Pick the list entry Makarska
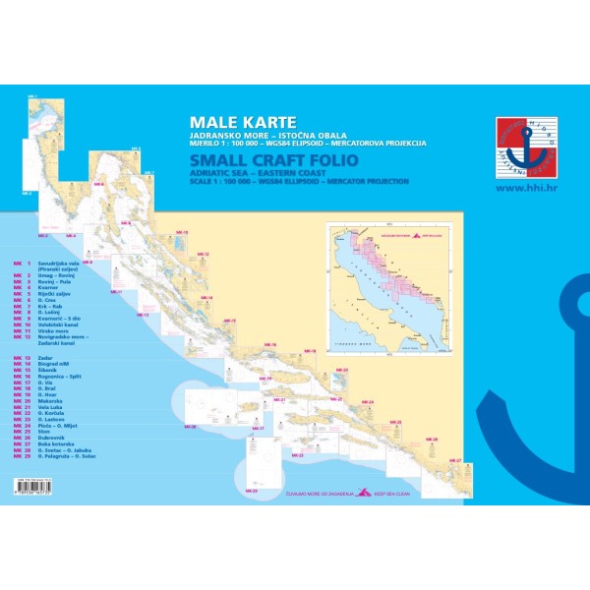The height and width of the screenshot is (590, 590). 51,401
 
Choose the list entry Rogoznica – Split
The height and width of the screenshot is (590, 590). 60,377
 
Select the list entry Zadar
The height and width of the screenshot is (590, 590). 45,359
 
